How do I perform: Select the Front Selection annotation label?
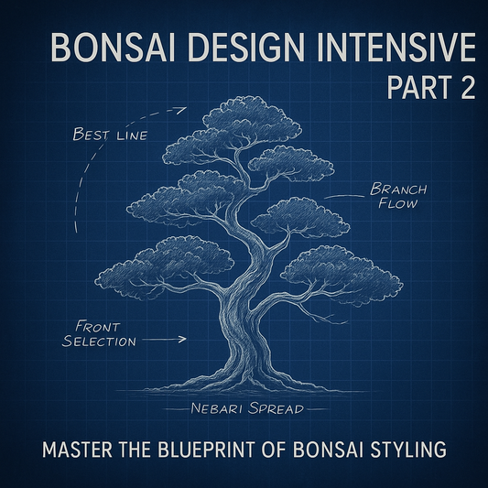99,333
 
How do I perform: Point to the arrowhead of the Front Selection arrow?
183,340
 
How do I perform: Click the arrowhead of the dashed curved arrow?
182,110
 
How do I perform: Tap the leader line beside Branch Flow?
344,195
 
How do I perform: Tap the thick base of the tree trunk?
241,352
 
